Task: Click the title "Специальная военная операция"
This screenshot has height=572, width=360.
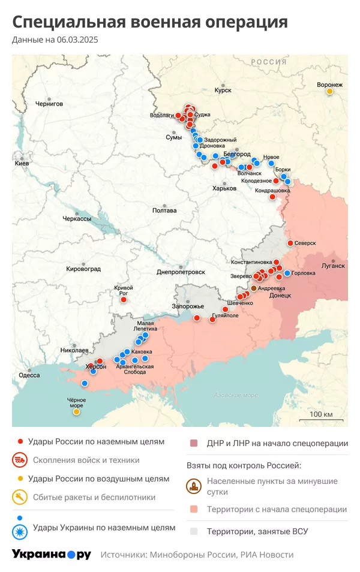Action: tap(150, 23)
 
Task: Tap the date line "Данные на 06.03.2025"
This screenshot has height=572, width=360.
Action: tap(55, 40)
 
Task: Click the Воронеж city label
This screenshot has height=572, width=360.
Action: tap(330, 85)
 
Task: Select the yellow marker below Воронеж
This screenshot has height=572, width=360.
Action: tap(329, 92)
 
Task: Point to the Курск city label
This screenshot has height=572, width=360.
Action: tap(223, 91)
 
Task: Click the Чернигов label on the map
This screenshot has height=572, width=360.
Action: tap(49, 104)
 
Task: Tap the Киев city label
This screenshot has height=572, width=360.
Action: tap(22, 163)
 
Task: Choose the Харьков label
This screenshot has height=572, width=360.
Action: tap(225, 188)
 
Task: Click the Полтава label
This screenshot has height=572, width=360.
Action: tap(164, 210)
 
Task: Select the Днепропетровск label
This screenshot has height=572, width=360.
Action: tap(181, 272)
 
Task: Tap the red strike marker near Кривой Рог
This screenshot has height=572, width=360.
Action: tap(124, 299)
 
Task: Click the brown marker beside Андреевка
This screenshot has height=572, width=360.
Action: tap(254, 288)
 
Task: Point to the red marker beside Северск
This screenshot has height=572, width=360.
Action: tap(290, 243)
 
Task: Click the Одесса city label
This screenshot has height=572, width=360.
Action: tap(29, 375)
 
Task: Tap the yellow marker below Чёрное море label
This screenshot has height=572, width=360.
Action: tap(76, 412)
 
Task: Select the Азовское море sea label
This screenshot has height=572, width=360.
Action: tap(236, 395)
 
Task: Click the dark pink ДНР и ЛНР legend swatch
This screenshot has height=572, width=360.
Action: tap(194, 444)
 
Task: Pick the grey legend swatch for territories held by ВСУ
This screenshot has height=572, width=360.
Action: tap(194, 531)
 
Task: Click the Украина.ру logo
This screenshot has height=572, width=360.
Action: tap(52, 555)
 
